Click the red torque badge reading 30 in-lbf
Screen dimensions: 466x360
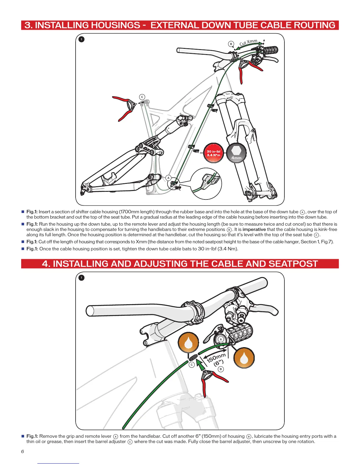214,153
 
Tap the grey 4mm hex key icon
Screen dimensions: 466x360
236,153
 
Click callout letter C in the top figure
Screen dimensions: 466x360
142,97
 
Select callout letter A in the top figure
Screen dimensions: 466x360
168,178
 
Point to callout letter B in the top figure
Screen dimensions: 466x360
231,44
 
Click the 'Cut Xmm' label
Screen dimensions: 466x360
249,42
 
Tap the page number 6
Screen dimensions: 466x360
23,451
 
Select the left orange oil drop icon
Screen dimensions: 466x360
189,342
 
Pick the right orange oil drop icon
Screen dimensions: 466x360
244,358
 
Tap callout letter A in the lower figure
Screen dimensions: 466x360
221,339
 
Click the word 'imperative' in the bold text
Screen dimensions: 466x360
254,229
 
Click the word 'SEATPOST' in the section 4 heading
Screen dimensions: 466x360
293,264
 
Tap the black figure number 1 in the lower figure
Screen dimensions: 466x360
81,277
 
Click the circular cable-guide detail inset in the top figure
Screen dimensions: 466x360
206,183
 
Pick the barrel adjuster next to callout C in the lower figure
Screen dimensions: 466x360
193,358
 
